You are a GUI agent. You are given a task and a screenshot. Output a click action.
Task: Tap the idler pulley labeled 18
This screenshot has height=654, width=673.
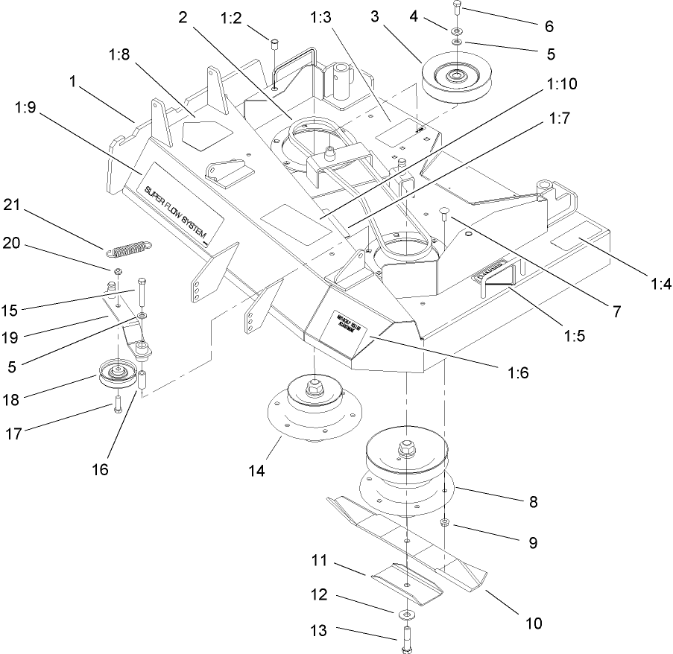pyautogui.click(x=116, y=370)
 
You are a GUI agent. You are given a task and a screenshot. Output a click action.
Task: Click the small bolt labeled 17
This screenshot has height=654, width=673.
pyautogui.click(x=117, y=406)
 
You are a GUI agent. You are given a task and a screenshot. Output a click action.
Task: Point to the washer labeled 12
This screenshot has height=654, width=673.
pyautogui.click(x=406, y=614)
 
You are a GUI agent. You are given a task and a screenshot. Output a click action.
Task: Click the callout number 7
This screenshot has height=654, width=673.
pyautogui.click(x=616, y=312)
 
